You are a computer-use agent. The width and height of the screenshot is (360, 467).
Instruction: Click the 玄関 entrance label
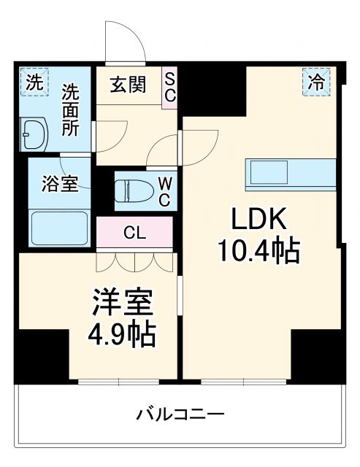pos(128,84)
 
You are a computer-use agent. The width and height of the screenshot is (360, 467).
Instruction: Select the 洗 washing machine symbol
pos(34,82)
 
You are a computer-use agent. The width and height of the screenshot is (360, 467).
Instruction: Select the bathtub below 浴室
pos(59,228)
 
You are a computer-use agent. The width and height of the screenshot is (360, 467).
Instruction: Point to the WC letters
pos(165,190)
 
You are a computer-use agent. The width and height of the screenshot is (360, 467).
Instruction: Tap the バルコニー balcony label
pos(180,414)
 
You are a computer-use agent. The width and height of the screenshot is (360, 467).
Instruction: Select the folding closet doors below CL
pos(135,261)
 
